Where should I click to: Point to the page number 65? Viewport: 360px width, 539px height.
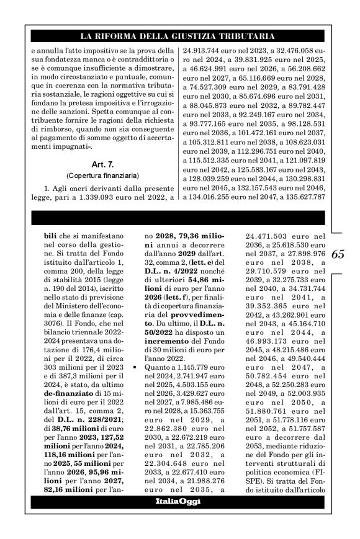(339, 254)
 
